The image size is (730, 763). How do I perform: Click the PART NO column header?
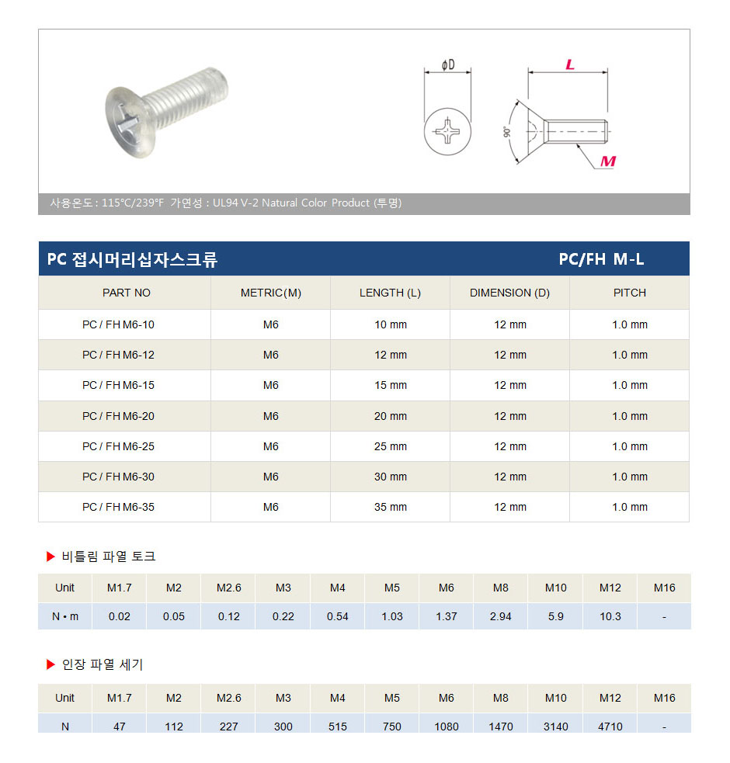click(126, 293)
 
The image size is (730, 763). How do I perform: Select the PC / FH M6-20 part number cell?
click(118, 416)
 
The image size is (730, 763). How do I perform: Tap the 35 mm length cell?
click(390, 507)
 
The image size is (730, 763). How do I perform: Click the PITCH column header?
click(629, 293)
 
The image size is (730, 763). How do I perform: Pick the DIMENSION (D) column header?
click(509, 293)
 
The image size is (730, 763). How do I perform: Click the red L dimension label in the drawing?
click(569, 65)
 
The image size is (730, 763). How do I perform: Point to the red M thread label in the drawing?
click(608, 161)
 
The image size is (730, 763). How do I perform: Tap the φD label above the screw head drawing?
click(447, 65)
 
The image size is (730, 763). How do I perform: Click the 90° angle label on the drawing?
click(507, 132)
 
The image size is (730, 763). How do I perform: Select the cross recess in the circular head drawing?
click(447, 130)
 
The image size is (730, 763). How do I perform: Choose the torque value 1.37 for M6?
click(447, 616)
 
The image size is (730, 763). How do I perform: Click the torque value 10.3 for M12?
click(610, 616)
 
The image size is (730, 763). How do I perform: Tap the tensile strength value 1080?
click(447, 727)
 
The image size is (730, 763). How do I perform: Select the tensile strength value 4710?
click(610, 727)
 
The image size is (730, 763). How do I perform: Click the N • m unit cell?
click(65, 616)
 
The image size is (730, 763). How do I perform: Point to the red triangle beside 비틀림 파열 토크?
click(50, 557)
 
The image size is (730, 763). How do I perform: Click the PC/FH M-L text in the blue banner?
click(601, 259)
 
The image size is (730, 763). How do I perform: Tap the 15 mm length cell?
click(390, 386)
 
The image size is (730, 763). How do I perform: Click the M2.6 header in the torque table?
click(228, 588)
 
